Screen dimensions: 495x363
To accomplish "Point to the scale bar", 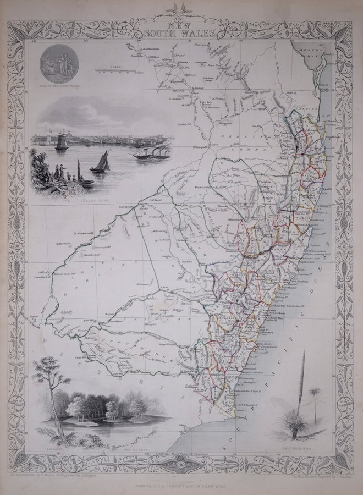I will [116, 70].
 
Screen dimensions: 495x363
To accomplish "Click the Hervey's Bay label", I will [315, 51].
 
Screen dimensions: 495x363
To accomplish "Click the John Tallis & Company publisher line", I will [182, 479].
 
